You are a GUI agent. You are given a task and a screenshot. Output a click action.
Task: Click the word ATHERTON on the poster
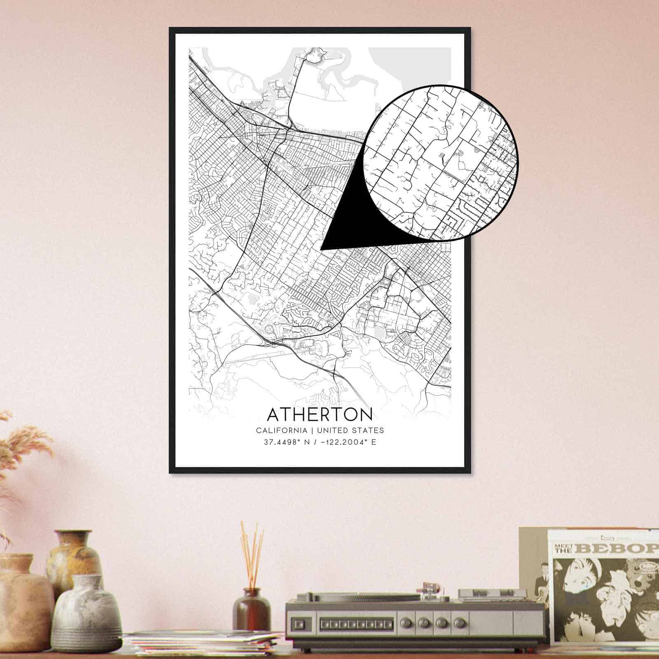tap(320, 414)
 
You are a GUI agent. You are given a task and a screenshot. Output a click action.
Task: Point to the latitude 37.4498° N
tap(286, 443)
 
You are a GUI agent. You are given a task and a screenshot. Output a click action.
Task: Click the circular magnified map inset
tap(441, 163)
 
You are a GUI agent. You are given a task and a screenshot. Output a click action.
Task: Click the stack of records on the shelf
tap(202, 645)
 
